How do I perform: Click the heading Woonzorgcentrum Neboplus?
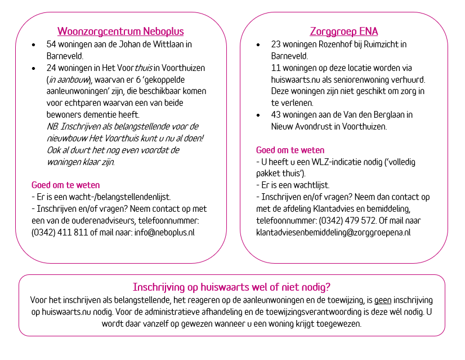point(120,31)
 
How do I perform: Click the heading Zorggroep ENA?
point(343,31)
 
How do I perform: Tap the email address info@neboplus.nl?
point(164,232)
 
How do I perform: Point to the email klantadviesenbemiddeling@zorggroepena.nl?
point(333,232)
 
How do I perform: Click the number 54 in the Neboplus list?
point(51,44)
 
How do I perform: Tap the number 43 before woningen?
point(276,114)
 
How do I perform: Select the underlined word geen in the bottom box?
point(383,300)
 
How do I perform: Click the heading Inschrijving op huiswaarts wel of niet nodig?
point(231,286)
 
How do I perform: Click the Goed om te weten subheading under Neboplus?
point(65,185)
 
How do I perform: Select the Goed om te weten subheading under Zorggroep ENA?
point(290,150)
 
